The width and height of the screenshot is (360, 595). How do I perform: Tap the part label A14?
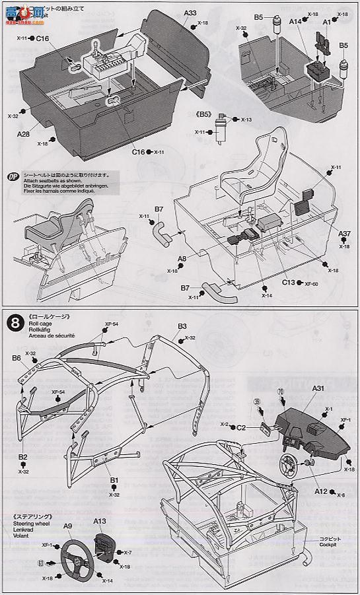[294, 22]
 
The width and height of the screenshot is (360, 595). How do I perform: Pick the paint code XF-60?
[312, 283]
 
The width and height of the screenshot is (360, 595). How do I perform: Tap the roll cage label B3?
[182, 326]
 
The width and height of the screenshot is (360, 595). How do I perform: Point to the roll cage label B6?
[17, 357]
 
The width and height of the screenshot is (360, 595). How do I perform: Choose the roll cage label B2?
[22, 456]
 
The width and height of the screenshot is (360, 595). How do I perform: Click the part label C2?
[242, 427]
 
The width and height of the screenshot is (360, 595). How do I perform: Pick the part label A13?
[100, 521]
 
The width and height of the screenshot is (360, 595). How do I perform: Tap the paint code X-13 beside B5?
[246, 120]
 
